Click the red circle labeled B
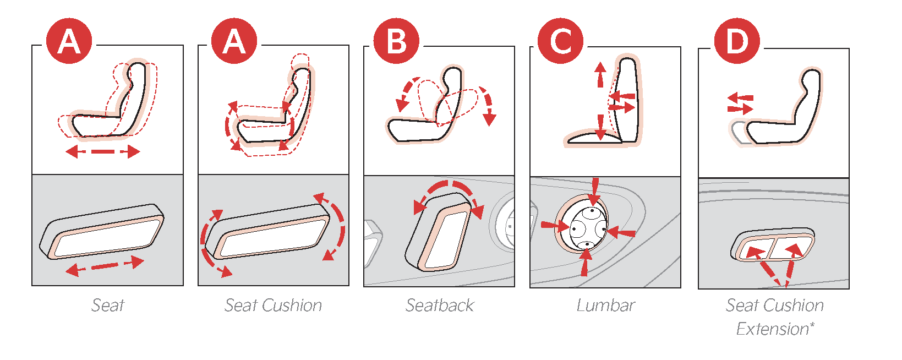pos(396,41)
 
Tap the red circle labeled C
pos(560,41)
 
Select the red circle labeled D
pos(737,41)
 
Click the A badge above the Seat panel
pos(69,41)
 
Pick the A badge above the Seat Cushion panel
pos(234,41)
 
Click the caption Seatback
pos(439,306)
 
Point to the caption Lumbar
pos(605,306)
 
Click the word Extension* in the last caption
pos(775,329)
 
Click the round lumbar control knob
pos(583,224)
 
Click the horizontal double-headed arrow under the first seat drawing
pos(103,152)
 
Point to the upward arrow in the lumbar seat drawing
pos(600,74)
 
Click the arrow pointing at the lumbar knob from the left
pos(555,226)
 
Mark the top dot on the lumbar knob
pos(592,210)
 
